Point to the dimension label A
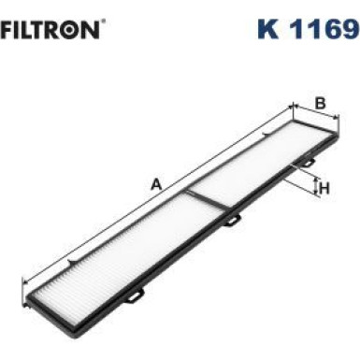click(156, 184)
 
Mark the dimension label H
click(325, 189)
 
